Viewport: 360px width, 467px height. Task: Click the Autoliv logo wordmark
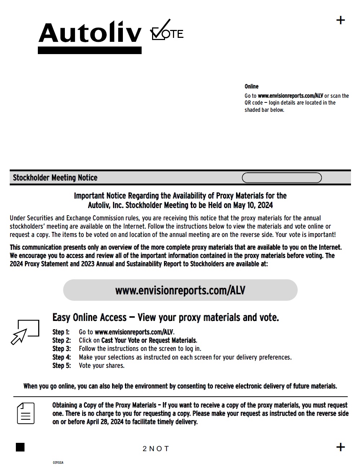(90, 33)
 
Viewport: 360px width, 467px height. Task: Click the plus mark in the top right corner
(340, 20)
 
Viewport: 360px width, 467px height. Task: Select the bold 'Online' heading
(252, 87)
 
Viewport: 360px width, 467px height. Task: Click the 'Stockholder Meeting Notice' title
(55, 178)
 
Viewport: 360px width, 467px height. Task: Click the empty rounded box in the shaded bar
(281, 178)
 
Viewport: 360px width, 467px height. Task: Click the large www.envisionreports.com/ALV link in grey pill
(180, 290)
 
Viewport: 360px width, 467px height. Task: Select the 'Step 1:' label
(61, 332)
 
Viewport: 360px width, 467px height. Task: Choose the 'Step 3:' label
(61, 349)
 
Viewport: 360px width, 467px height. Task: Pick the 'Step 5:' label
(61, 366)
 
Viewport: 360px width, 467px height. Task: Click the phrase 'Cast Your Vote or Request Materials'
(149, 340)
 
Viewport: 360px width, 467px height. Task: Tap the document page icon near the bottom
(26, 413)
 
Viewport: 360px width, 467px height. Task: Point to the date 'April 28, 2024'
(105, 422)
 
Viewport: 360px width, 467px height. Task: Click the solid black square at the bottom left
(20, 447)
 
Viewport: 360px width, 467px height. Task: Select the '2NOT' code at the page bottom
(156, 449)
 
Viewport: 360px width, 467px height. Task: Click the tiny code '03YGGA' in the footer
(58, 462)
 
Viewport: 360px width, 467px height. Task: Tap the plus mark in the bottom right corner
(340, 447)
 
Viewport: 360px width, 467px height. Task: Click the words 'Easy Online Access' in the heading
(89, 318)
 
